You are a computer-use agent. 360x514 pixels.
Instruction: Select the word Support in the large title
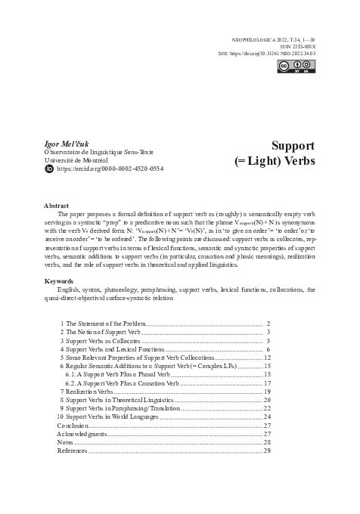point(292,145)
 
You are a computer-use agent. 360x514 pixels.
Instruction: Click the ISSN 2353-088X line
point(295,45)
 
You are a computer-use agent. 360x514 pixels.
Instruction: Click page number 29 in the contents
point(267,451)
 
